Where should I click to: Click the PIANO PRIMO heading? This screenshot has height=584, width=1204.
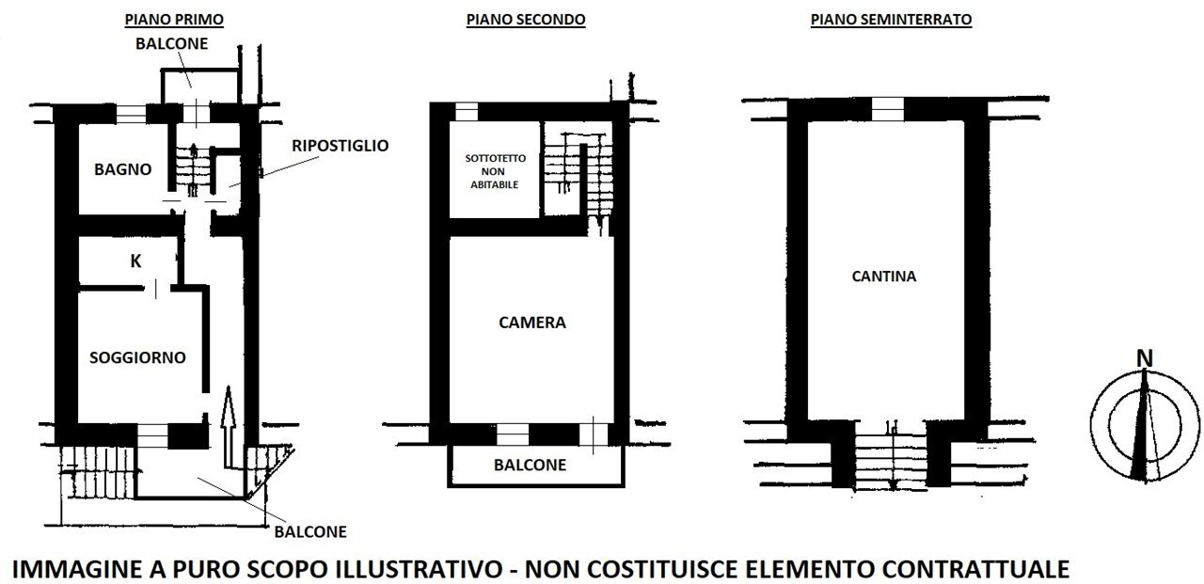[174, 19]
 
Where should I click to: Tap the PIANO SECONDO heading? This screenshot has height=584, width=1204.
[525, 19]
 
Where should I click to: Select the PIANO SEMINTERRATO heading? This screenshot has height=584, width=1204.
[891, 19]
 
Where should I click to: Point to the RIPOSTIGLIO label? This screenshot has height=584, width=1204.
[340, 146]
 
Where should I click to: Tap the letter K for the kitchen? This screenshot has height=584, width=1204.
[136, 262]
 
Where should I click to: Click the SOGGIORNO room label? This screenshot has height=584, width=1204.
[137, 357]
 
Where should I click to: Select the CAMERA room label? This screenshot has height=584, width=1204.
[531, 323]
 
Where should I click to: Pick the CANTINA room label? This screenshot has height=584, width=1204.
[883, 276]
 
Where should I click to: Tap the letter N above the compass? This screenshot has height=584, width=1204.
[1144, 357]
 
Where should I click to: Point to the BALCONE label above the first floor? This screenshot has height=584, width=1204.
[171, 43]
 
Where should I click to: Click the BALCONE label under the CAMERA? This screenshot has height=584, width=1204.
[530, 465]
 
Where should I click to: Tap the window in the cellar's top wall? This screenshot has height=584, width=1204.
[887, 109]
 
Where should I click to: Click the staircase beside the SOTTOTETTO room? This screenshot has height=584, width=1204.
[578, 174]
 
